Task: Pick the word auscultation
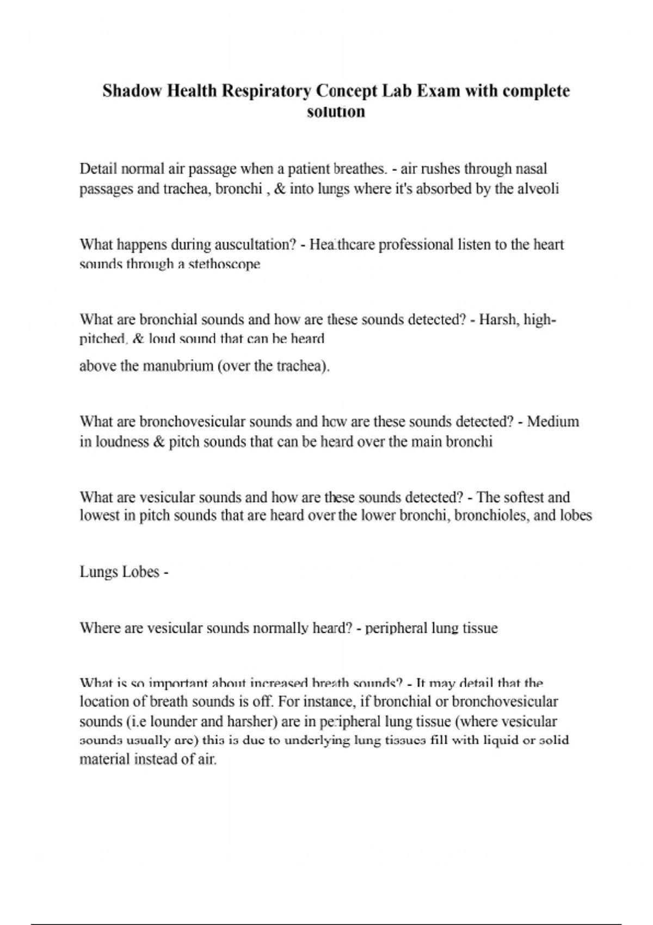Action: tap(255, 244)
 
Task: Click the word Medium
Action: tap(553, 422)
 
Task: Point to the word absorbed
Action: tap(446, 189)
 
